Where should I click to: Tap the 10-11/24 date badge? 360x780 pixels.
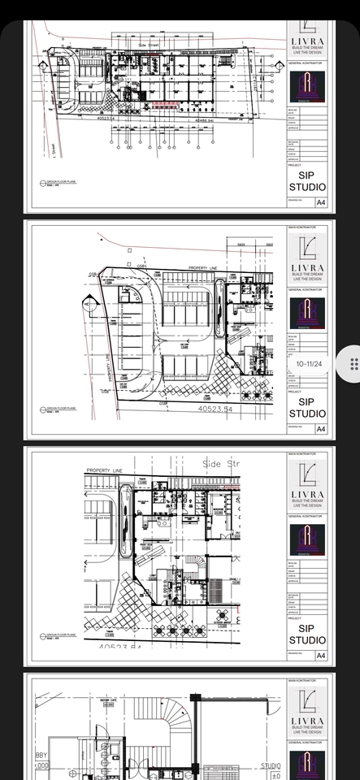[309, 364]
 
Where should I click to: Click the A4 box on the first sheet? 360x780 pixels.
[320, 201]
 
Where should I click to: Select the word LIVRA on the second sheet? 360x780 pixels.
[308, 267]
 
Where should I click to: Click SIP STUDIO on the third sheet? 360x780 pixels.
[308, 634]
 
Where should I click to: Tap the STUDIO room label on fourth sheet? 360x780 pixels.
[271, 765]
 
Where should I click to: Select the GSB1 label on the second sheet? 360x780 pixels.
[141, 266]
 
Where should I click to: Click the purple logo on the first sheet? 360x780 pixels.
[308, 87]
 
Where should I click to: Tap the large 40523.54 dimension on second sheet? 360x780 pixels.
[215, 409]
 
